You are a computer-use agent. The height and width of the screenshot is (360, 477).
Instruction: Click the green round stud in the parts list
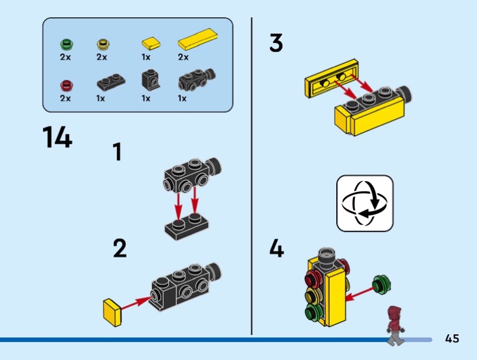coord(67,45)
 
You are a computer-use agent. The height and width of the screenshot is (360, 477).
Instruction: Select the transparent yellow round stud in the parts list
coord(103,45)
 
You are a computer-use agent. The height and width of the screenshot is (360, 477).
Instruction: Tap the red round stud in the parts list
coord(67,85)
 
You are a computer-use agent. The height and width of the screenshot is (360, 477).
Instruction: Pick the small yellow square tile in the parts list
coord(151,43)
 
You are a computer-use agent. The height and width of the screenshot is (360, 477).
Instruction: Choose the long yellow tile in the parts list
coord(198,39)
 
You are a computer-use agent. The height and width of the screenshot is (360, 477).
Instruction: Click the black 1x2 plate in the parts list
coord(111,82)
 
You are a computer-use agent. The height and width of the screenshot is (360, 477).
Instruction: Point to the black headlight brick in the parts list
coord(151,80)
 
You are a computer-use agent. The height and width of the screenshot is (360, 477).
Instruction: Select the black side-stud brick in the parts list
coord(197,80)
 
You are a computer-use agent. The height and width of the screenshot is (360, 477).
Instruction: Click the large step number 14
coord(57,137)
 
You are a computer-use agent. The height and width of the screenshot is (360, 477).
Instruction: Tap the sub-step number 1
coord(117,152)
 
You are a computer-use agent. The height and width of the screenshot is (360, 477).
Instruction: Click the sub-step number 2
coord(120,249)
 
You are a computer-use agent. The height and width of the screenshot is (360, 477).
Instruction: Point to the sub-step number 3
coord(276,42)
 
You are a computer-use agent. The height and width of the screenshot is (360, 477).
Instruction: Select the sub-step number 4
coord(277,249)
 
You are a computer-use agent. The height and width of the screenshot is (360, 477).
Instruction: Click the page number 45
coord(452,339)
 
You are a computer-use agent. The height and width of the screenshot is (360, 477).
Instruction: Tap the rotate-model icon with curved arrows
coord(365,203)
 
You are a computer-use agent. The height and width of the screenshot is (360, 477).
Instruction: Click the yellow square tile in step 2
coord(112,312)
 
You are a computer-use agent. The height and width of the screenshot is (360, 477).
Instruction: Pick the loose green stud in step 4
coord(382,284)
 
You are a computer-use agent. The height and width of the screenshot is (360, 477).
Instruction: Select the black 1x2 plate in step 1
coord(187,226)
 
